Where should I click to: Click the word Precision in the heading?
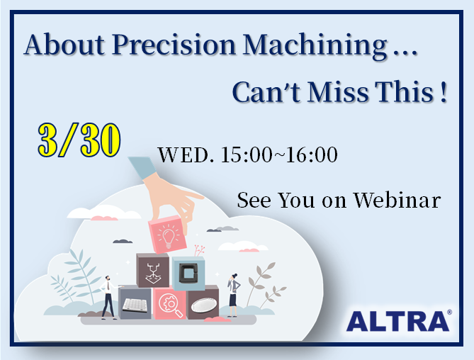coord(174,45)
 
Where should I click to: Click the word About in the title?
coord(64,45)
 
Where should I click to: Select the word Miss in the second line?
coord(338,92)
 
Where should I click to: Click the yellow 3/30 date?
coord(79,140)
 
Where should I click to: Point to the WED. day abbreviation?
coord(186,154)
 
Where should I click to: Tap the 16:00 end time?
coord(312,154)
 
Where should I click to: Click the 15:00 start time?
coord(247,154)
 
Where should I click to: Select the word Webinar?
coord(397,200)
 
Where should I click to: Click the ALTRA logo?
coord(397,321)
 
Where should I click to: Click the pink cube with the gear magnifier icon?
coord(169,303)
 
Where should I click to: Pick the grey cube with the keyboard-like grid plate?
coord(135,303)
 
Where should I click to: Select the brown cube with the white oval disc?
coord(203,303)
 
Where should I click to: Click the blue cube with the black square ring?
coord(188,274)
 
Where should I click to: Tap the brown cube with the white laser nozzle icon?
coord(152,270)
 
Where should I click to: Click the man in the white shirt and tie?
coord(108,298)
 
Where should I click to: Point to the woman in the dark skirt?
coord(233,295)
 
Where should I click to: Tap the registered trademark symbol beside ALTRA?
coord(449,312)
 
